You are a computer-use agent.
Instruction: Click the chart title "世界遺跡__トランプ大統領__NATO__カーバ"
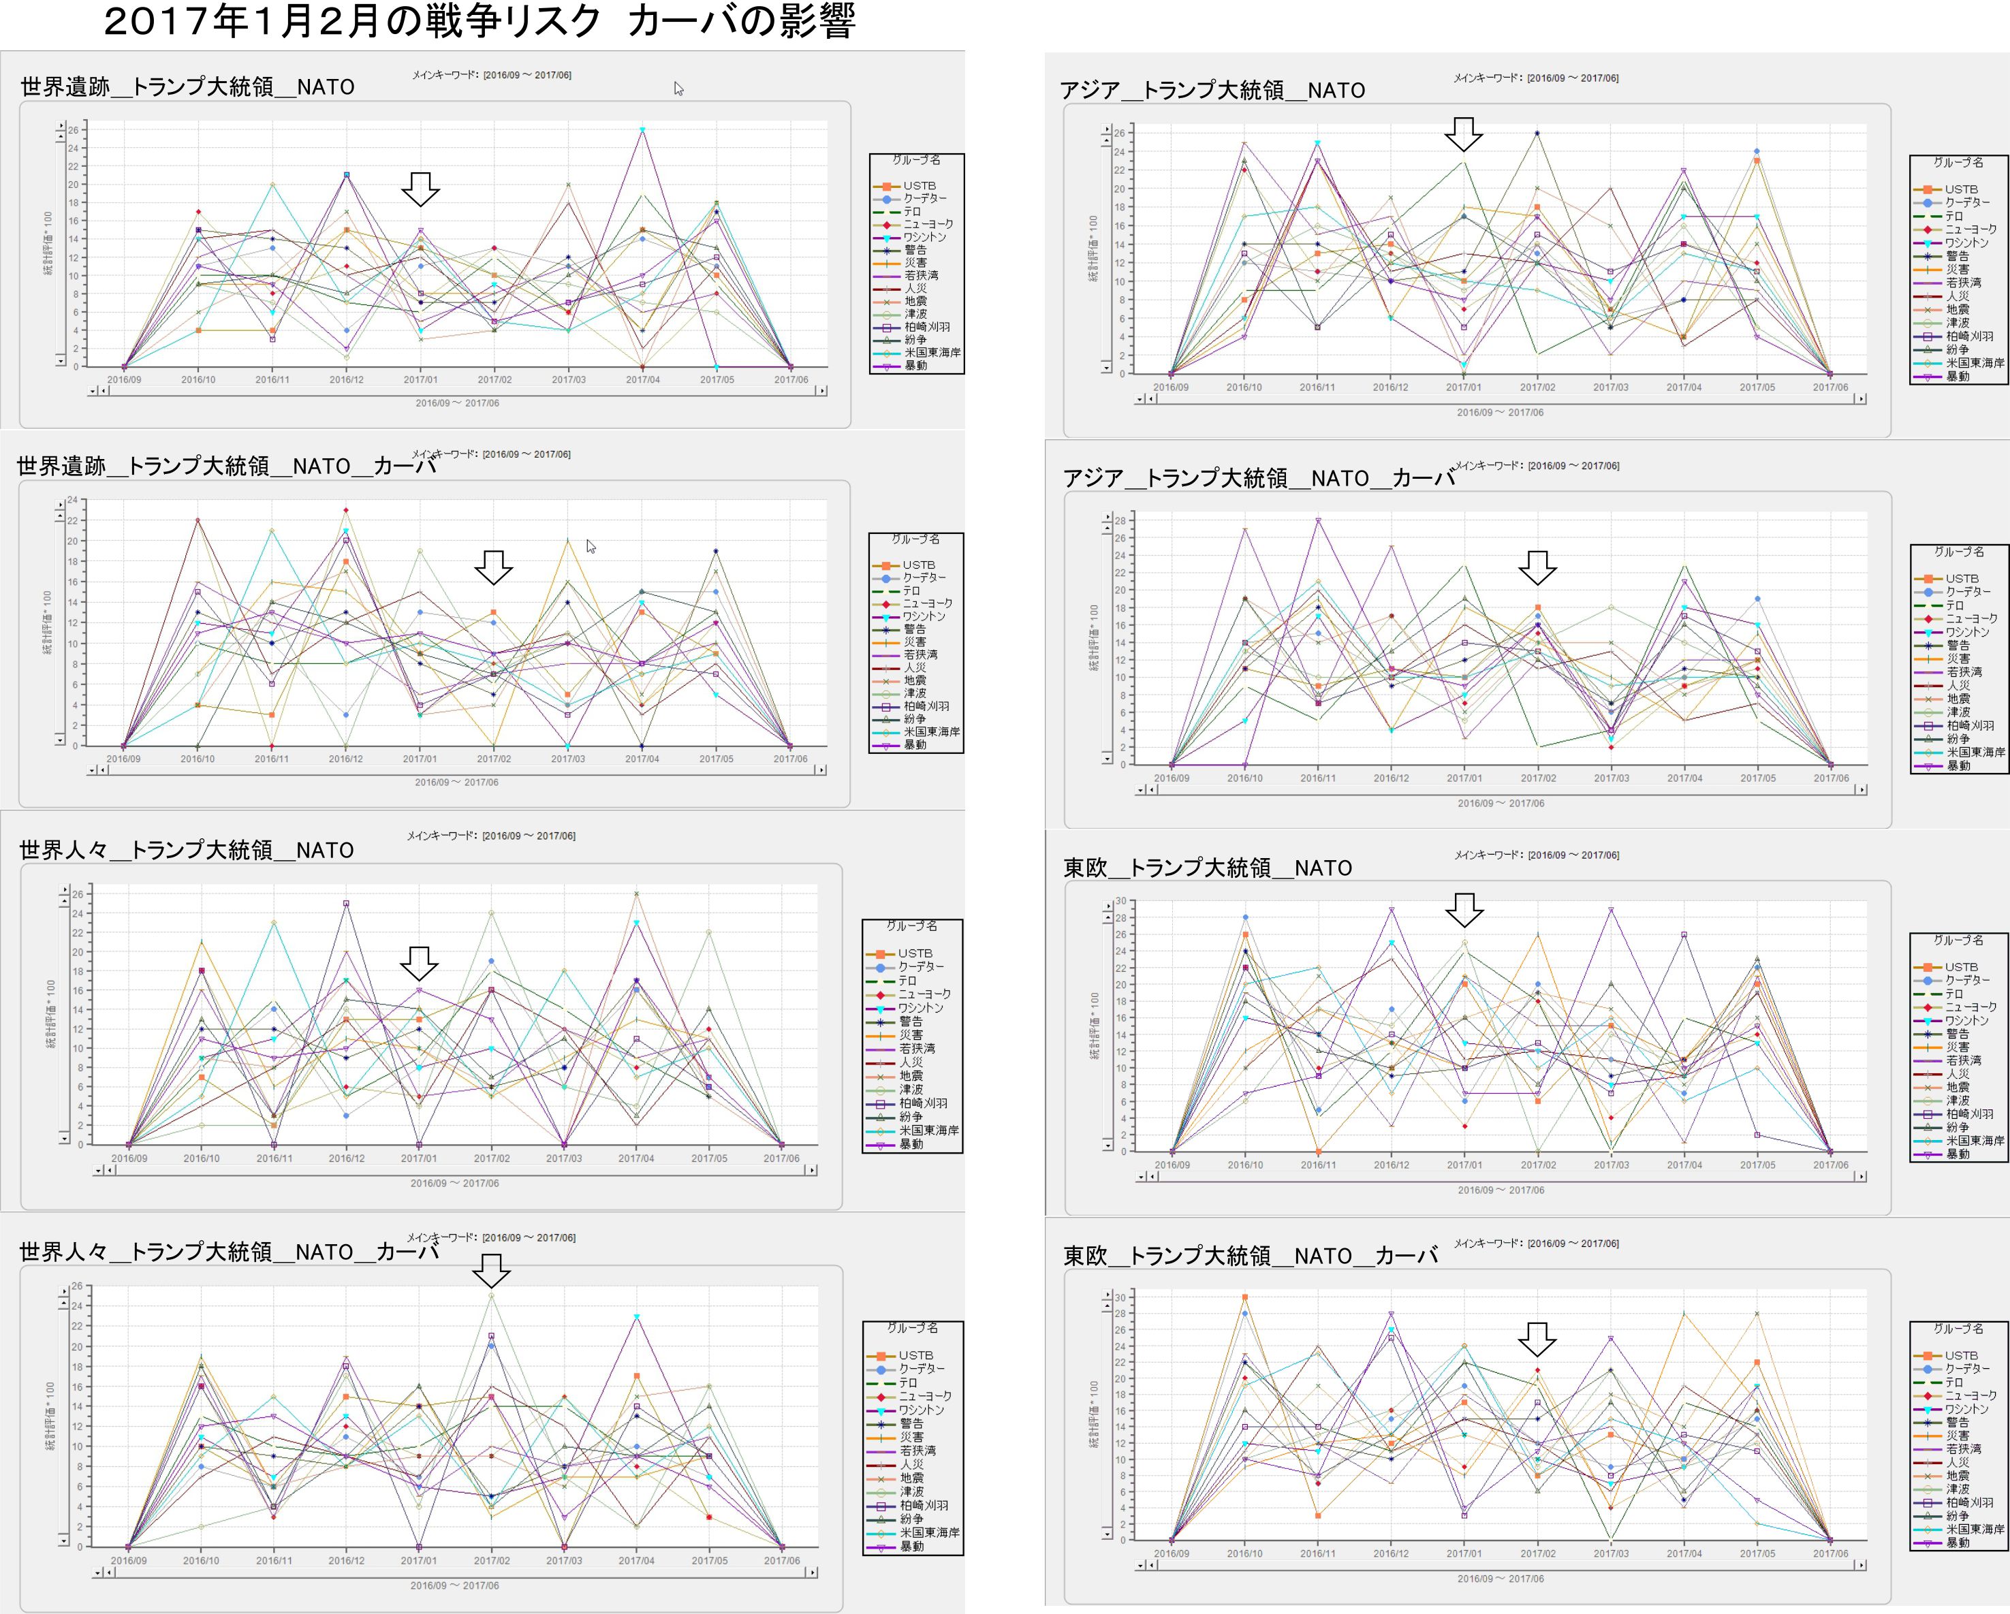coord(227,466)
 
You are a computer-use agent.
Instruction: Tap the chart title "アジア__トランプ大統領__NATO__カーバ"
coord(1259,479)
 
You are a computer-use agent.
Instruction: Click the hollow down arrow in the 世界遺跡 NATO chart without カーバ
coord(420,189)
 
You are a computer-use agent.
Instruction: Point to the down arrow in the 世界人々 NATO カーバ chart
coord(491,1270)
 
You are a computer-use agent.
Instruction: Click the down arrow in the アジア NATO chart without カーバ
coord(1464,134)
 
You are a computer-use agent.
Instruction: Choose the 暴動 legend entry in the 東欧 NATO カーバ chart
coord(1958,1543)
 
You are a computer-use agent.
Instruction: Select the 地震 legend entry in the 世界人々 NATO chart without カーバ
coord(911,1076)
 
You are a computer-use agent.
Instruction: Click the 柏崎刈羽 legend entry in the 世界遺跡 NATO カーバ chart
coord(926,706)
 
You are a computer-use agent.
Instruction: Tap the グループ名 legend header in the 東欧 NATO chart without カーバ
coord(1958,941)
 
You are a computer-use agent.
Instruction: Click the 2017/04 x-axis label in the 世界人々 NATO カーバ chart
coord(637,1560)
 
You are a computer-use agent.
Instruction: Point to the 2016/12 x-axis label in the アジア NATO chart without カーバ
coord(1390,387)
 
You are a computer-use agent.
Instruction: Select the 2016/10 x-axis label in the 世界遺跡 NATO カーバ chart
coord(197,759)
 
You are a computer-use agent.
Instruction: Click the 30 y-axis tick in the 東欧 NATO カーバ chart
coord(1120,1298)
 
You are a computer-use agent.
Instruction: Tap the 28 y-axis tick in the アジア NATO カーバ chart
coord(1120,521)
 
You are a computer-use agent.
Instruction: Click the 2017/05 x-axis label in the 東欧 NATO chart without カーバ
coord(1757,1165)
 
